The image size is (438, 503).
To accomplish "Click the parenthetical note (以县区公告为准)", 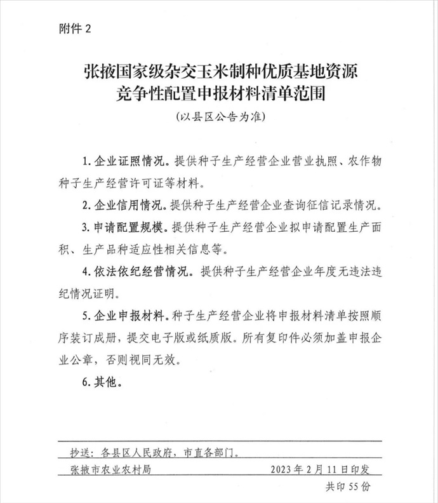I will (218, 119).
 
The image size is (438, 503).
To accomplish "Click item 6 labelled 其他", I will (107, 383).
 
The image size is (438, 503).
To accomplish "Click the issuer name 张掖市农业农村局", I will (112, 471).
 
